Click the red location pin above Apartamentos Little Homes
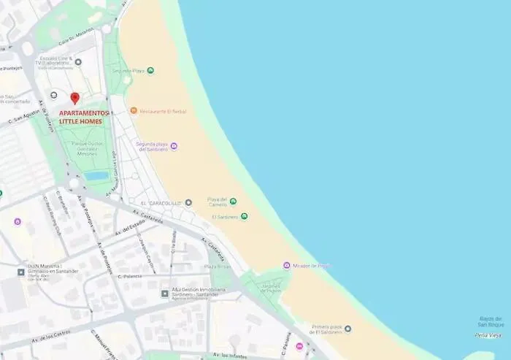pos(74,99)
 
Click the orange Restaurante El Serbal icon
pos(134,111)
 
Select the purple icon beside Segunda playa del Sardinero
pos(174,146)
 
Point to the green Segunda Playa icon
pos(150,71)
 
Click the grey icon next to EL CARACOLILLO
pos(188,202)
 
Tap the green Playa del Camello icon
pos(233,201)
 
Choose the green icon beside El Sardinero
pos(244,216)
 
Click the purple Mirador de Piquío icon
pos(287,265)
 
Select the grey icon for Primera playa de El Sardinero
pos(347,329)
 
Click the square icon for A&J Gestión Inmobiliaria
pos(165,293)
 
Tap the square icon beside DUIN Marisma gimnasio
pos(21,272)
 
